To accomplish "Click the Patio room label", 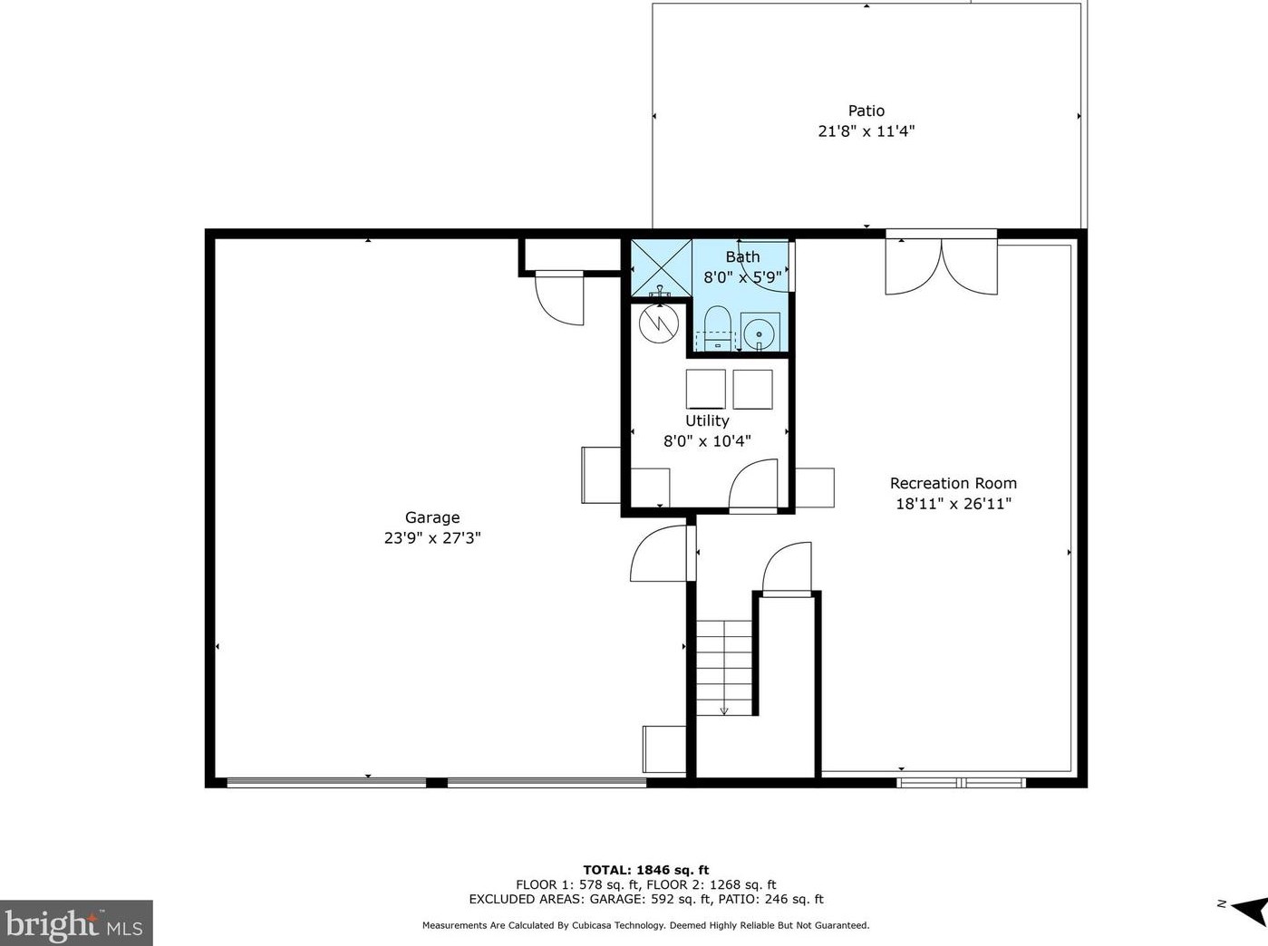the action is click(866, 111).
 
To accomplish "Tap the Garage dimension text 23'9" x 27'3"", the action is click(432, 538).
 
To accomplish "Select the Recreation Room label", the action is click(953, 483).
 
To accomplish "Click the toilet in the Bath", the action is click(718, 328).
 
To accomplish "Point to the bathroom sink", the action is click(760, 333).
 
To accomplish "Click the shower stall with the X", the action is click(662, 268).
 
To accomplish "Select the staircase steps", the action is click(724, 668).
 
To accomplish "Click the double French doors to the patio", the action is click(942, 265).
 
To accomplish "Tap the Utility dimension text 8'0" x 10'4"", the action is click(707, 441).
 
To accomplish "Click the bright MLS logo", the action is click(75, 923).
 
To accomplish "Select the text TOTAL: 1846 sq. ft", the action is click(646, 870).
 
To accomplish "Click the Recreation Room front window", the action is click(962, 783).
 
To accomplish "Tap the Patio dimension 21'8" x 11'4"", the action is click(866, 131).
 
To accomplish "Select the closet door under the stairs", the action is click(787, 569).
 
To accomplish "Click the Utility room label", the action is click(707, 420).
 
